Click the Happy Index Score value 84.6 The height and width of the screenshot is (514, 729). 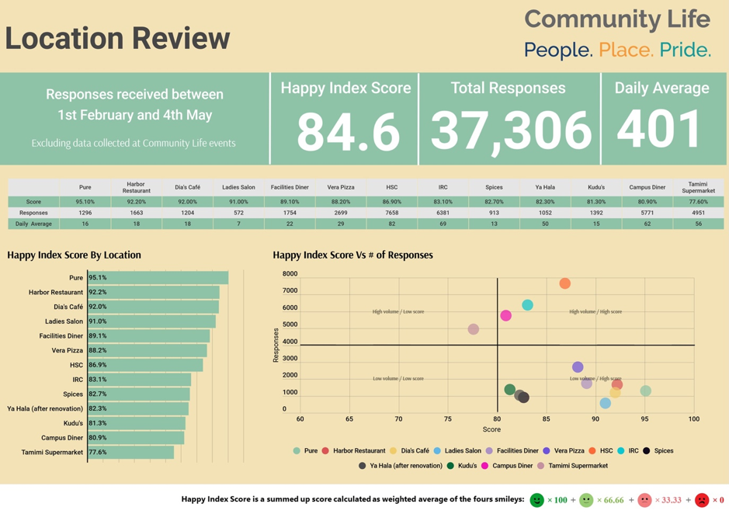coord(348,130)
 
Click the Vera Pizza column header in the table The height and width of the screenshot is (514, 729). coord(340,187)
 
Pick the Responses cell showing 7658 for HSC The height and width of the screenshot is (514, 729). coord(391,213)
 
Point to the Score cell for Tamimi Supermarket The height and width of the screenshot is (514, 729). coord(697,202)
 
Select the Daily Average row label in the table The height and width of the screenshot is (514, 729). coord(33,224)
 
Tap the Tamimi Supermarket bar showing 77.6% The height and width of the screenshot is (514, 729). coord(130,452)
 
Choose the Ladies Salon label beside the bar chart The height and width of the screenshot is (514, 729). coord(64,321)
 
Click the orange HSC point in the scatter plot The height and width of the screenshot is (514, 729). coord(565,283)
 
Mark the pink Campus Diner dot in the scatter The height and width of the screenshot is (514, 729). coord(506,315)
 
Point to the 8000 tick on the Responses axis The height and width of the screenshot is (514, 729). coord(290,274)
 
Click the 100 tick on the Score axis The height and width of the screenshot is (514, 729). coord(693,419)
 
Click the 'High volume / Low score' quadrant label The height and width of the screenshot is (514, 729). coord(397,311)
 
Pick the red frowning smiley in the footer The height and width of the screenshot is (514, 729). coord(702,500)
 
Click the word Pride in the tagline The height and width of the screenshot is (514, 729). coord(685,50)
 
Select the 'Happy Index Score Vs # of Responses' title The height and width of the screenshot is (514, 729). coord(352,255)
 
